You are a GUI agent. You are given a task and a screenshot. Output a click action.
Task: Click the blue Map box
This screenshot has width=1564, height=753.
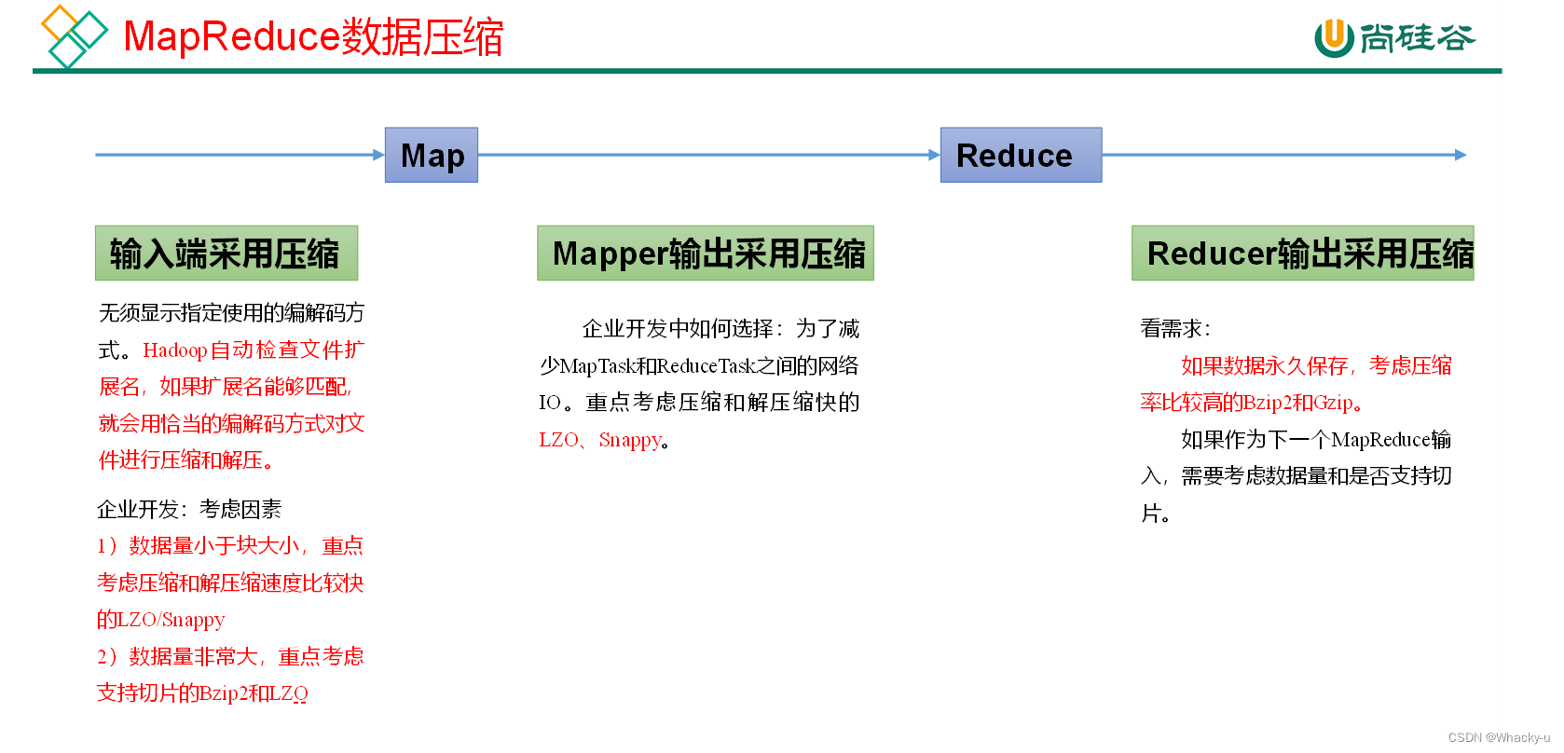(432, 155)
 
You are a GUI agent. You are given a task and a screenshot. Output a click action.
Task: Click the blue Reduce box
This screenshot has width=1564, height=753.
(1021, 155)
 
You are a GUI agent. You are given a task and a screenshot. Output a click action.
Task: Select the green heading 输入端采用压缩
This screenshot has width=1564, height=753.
(226, 253)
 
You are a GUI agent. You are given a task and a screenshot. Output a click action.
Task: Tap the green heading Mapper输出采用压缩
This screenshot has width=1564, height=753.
(706, 253)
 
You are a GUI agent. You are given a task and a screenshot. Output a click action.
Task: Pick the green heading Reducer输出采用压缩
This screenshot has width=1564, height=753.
(1302, 253)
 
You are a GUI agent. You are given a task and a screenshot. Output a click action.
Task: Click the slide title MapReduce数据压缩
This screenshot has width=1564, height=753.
(313, 37)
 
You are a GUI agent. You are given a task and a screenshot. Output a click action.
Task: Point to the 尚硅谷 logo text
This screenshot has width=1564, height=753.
(1417, 38)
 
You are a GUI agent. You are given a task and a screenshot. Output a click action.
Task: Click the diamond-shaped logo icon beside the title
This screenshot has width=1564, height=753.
(73, 35)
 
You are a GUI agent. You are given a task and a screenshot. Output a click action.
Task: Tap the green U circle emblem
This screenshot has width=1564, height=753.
(1334, 38)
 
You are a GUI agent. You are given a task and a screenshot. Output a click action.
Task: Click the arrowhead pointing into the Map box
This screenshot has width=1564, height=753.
(378, 155)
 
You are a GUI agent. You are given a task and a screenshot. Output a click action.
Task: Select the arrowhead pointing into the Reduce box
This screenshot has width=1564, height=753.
(934, 155)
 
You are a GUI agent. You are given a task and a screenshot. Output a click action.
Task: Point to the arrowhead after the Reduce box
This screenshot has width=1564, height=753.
(1461, 155)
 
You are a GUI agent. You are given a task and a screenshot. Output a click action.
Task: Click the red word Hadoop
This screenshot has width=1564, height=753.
(174, 350)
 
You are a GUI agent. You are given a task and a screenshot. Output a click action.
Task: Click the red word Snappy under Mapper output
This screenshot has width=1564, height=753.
(630, 440)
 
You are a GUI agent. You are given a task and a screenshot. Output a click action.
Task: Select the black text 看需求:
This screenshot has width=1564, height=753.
(1175, 329)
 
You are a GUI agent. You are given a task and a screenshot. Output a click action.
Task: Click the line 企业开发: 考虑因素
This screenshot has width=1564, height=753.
(189, 510)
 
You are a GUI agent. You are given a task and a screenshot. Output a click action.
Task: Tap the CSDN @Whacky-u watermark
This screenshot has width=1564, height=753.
(1499, 737)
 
